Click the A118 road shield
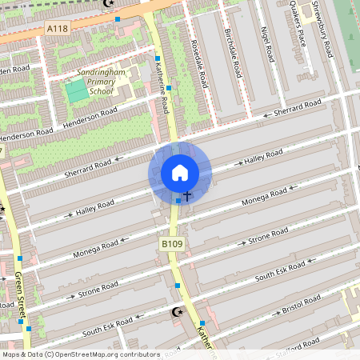57,29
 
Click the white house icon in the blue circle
180,173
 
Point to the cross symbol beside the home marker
187,195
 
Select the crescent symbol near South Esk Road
178,311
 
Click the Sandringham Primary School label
101,81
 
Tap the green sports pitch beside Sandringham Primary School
78,92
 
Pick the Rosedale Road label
200,65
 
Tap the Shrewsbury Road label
324,28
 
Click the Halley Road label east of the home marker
263,158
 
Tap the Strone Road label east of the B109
267,238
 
